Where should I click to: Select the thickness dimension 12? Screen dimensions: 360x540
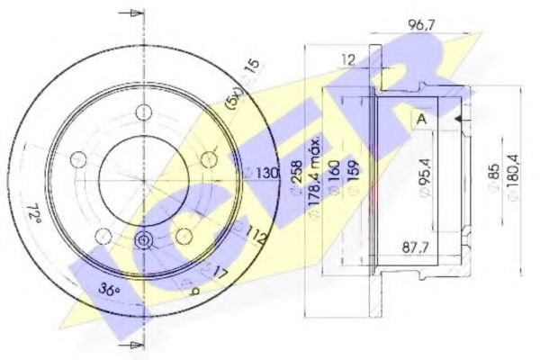pyautogui.click(x=348, y=60)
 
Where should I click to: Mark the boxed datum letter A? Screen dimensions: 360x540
pyautogui.click(x=421, y=118)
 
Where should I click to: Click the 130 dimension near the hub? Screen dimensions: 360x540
pyautogui.click(x=267, y=172)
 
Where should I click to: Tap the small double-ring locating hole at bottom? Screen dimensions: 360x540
pyautogui.click(x=141, y=241)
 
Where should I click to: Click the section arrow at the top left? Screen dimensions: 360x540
pyautogui.click(x=133, y=15)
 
